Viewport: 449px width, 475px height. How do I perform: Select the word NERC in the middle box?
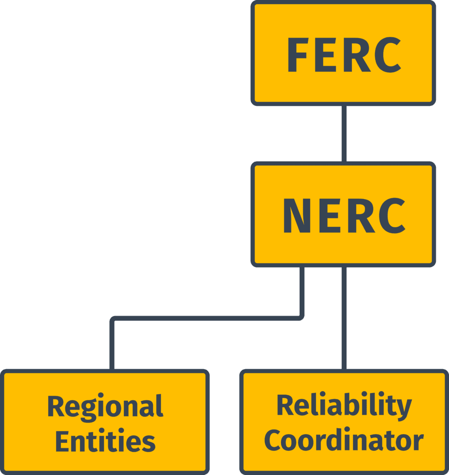344,216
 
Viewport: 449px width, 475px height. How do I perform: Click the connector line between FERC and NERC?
344,134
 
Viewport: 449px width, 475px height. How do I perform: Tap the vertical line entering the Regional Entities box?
112,346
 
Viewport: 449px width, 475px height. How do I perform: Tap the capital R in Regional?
56,406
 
